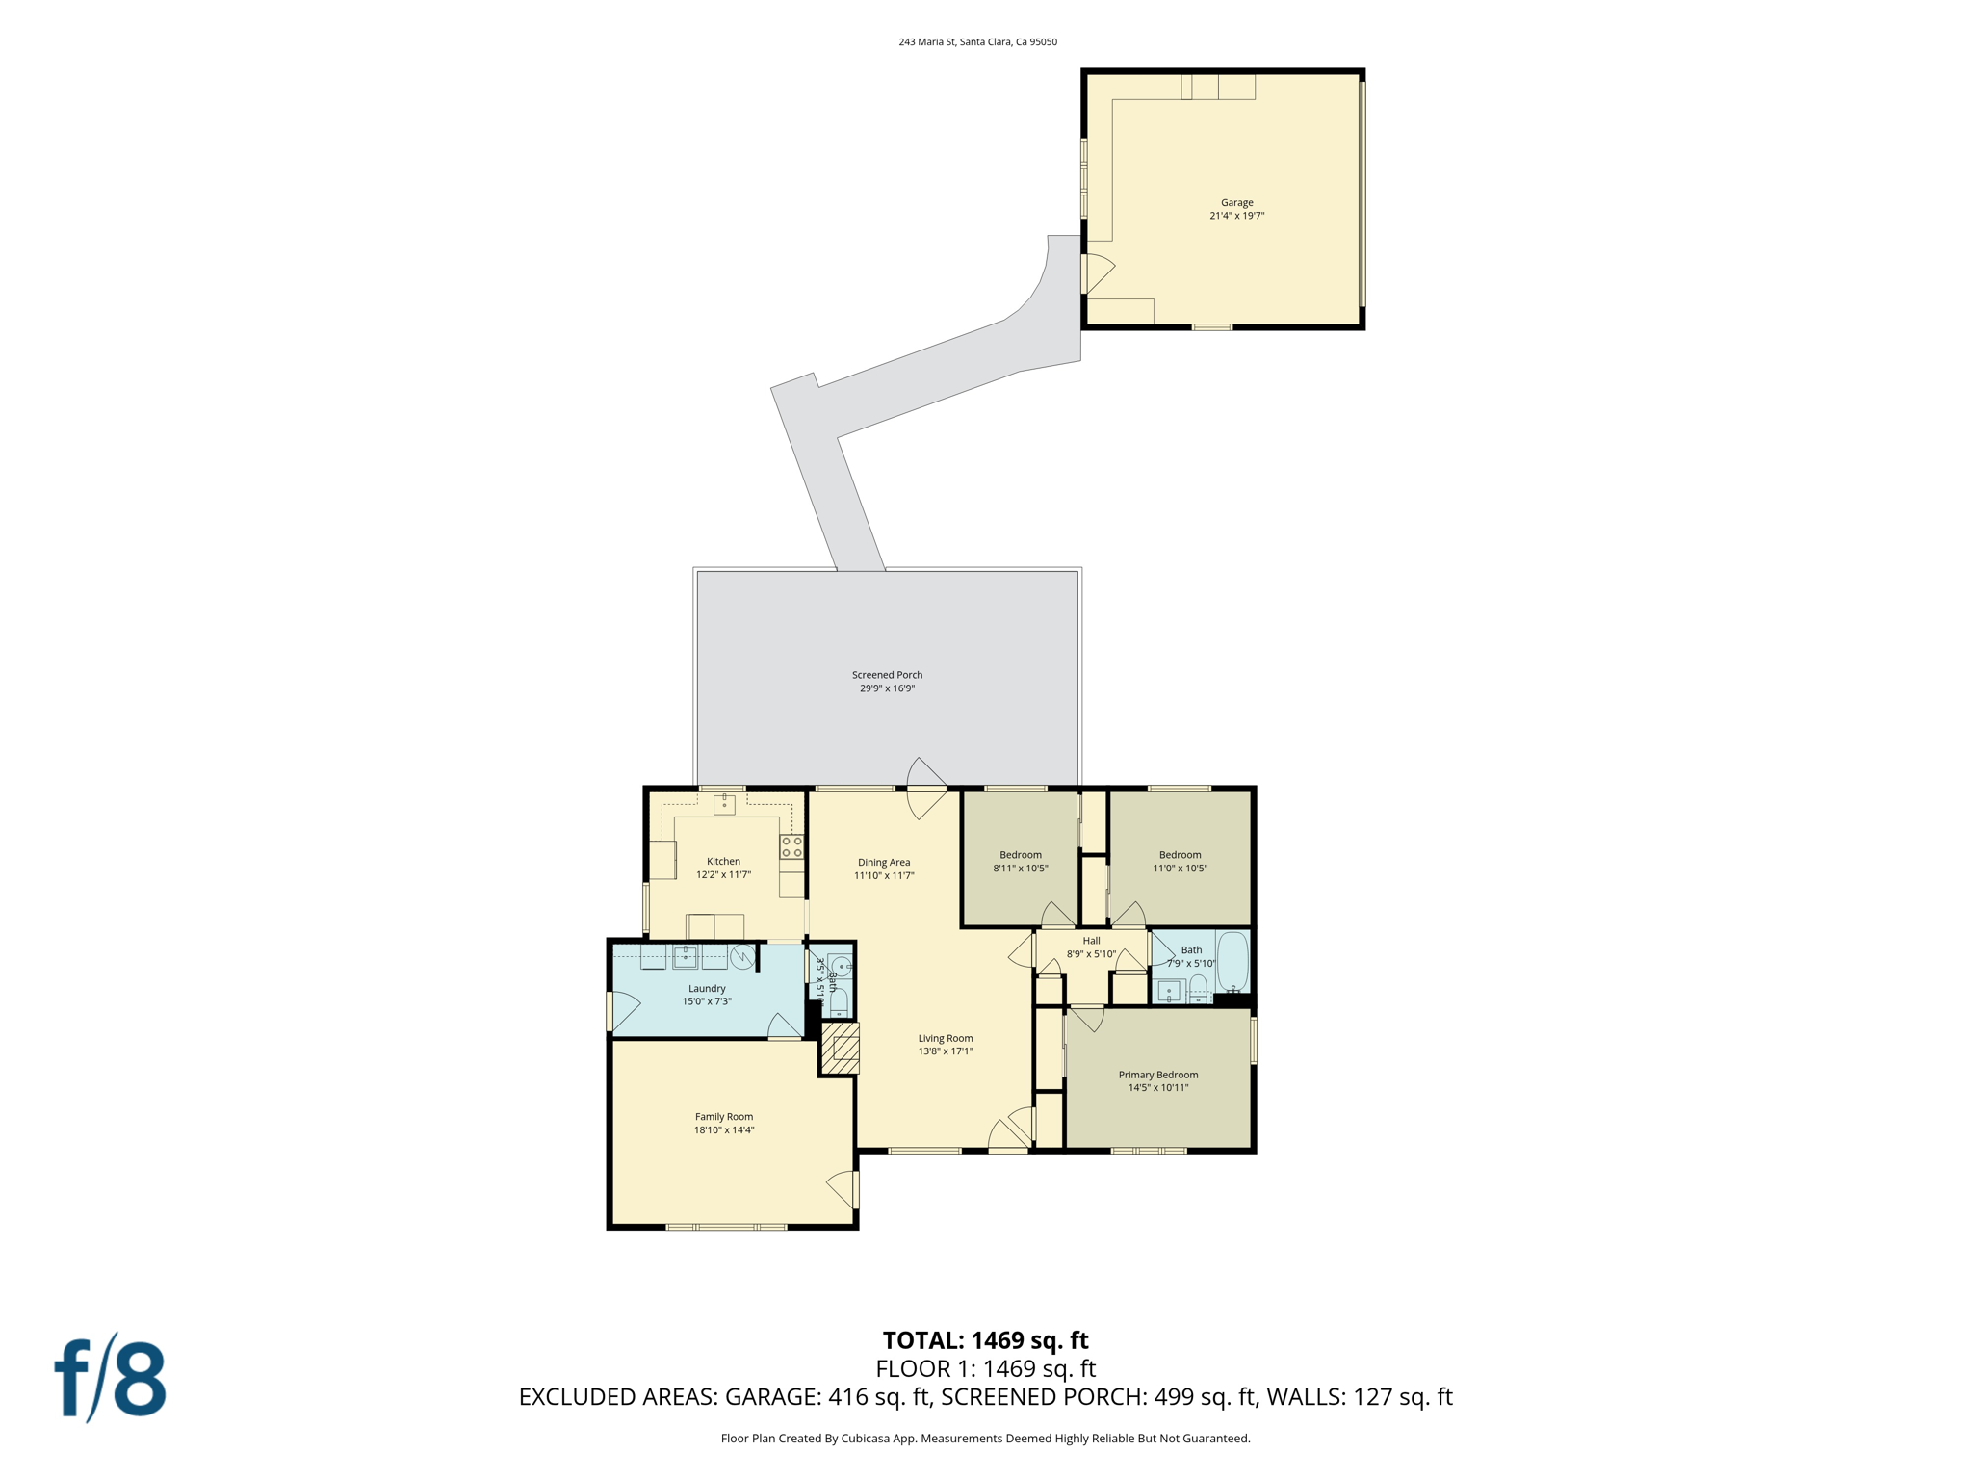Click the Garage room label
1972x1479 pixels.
pos(1236,202)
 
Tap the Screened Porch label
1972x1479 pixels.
pos(887,675)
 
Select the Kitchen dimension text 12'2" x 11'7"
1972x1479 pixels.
pos(723,875)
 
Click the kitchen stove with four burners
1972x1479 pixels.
pos(791,847)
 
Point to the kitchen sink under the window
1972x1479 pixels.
pos(724,804)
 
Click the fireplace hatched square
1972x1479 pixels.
pos(841,1048)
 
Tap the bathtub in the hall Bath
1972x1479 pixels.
pos(1232,961)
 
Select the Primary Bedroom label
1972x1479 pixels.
pos(1158,1075)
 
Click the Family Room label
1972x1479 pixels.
pos(724,1117)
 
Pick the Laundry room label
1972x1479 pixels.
pos(707,989)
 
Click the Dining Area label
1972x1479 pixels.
pos(884,863)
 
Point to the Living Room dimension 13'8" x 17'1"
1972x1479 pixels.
pos(946,1051)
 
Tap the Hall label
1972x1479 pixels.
pos(1091,941)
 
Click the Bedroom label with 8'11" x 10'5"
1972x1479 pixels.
pos(1021,855)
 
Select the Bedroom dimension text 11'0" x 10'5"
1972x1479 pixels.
pos(1181,869)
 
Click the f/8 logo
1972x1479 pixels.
pos(110,1378)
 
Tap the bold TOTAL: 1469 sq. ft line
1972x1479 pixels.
pos(985,1340)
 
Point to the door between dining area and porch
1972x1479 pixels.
pos(926,789)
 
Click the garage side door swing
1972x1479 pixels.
pos(1098,273)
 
